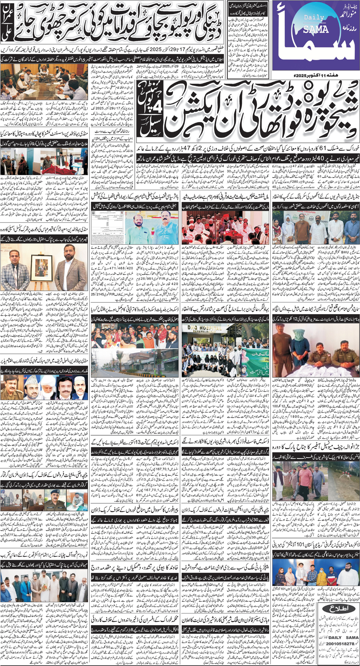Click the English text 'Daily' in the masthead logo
coord(314,17)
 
